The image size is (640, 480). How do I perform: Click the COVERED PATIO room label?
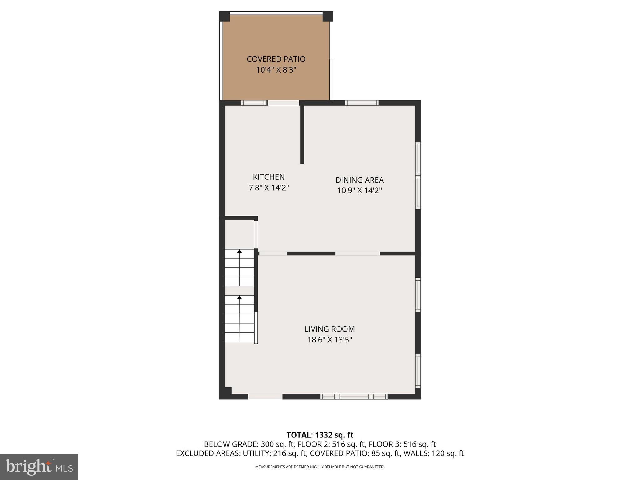[276, 59]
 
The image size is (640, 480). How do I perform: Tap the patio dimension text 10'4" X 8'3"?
[276, 70]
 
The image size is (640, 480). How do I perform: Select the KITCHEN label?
[269, 177]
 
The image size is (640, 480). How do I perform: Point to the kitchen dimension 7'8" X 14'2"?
[269, 188]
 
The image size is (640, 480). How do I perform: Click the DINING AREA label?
[359, 180]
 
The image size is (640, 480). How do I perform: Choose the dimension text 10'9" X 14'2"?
[359, 191]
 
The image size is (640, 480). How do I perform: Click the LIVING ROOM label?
[330, 329]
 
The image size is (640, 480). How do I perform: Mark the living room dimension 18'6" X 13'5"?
[330, 340]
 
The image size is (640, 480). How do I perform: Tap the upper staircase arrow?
[239, 251]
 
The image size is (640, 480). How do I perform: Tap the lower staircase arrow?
[239, 297]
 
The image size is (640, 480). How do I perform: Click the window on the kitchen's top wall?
[254, 103]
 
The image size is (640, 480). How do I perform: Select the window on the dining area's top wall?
[362, 103]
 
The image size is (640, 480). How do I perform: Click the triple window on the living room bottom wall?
[354, 397]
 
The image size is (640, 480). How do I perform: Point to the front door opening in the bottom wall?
[265, 397]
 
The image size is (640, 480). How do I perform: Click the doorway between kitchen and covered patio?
[284, 103]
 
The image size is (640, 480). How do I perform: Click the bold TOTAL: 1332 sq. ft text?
[320, 435]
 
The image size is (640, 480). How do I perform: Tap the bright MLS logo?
[39, 467]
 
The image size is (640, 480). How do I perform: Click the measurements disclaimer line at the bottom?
[320, 467]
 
